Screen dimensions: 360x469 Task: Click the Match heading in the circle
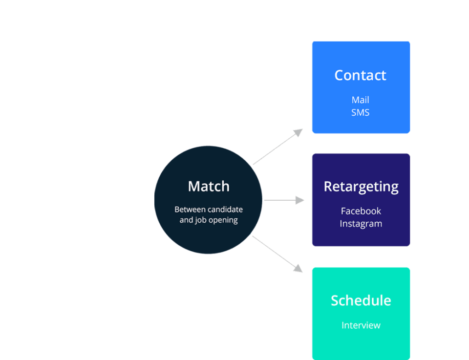[209, 186]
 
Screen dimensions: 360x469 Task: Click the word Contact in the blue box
[360, 75]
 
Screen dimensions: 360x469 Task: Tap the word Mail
[360, 100]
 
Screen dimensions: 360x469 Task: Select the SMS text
[360, 112]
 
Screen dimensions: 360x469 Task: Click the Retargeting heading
[361, 187]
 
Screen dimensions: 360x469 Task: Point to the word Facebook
[361, 211]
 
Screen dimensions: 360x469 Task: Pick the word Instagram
[361, 224]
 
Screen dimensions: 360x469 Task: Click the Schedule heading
[361, 300]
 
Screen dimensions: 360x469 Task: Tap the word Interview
[361, 325]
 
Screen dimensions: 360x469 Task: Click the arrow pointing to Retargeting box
[282, 200]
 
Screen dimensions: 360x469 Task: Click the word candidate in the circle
[225, 210]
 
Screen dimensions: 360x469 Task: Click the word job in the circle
[201, 220]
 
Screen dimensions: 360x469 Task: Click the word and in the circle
[186, 220]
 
